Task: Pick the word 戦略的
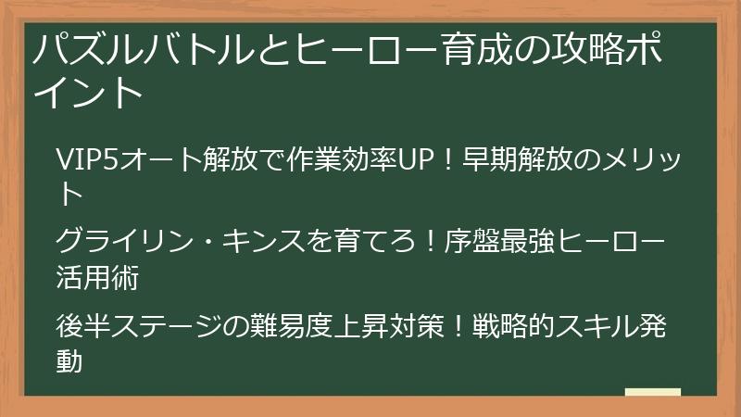pos(514,327)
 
